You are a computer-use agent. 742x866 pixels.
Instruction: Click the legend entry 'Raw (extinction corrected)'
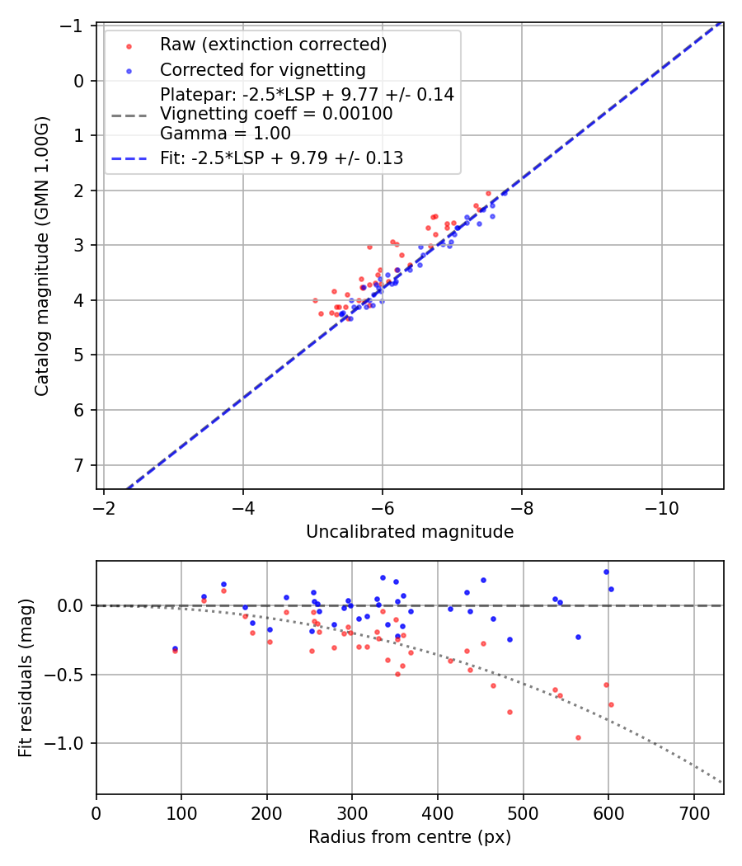[273, 44]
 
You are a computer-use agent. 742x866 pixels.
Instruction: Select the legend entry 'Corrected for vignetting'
[262, 69]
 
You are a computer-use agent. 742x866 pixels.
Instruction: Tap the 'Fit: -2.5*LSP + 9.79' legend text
[281, 158]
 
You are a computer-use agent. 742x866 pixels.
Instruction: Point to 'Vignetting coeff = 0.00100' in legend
[276, 114]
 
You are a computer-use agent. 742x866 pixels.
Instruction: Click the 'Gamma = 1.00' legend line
[225, 133]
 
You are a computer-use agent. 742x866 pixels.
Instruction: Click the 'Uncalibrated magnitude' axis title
[410, 532]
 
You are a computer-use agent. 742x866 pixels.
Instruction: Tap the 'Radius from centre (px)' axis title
[410, 837]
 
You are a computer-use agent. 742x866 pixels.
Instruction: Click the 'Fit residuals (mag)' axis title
[26, 677]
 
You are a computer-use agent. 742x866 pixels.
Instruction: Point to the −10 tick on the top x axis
[661, 508]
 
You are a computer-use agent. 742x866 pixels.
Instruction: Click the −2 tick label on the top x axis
[105, 508]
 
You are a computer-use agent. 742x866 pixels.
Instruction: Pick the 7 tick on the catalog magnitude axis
[79, 465]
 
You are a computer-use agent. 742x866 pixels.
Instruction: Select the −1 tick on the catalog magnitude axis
[76, 26]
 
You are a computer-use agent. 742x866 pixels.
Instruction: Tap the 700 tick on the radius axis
[693, 813]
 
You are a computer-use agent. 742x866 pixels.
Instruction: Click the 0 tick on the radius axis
[96, 813]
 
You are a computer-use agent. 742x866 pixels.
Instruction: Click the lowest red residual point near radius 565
[578, 737]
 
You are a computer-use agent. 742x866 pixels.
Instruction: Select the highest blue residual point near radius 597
[606, 572]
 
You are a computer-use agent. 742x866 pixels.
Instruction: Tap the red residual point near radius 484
[510, 712]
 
